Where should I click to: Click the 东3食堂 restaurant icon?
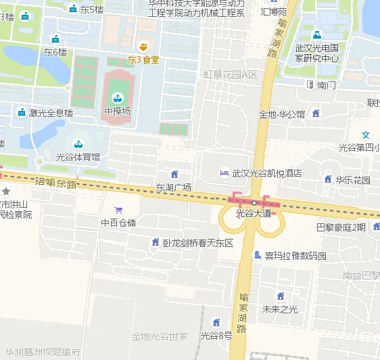[x=143, y=46]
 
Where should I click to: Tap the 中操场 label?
[x=116, y=110]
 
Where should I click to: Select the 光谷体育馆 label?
[x=78, y=157]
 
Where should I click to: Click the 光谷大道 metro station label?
[x=253, y=213]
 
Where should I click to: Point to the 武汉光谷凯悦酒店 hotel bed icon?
[x=224, y=173]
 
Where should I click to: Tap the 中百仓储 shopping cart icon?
[x=119, y=210]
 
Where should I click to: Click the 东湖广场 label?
[x=174, y=187]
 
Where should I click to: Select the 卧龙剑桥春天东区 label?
[x=197, y=242]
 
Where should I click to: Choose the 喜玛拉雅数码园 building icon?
[x=257, y=255]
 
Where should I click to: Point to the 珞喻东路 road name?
[x=56, y=183]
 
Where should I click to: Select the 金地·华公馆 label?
[x=281, y=114]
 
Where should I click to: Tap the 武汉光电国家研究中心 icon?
[x=316, y=35]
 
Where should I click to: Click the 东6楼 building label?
[x=55, y=51]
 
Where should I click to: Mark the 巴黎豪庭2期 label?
[x=341, y=227]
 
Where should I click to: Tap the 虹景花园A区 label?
[x=231, y=74]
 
